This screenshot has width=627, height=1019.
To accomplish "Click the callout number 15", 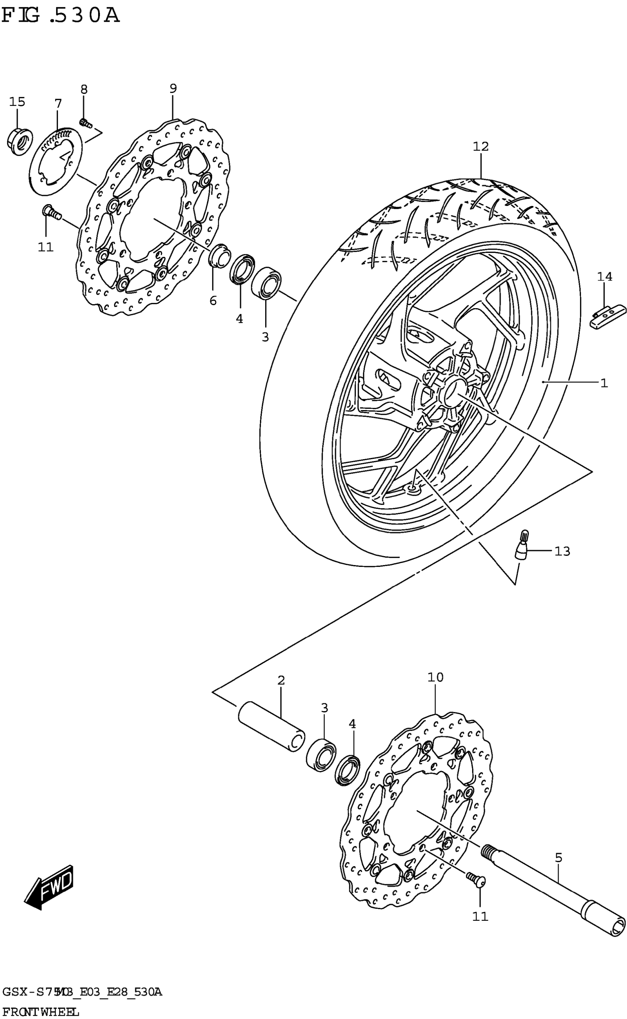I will click(17, 101).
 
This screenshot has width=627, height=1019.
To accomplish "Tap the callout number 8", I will click(84, 89).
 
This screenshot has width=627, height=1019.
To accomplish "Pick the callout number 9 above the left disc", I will click(173, 88).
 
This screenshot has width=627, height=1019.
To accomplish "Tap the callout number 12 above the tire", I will click(481, 147).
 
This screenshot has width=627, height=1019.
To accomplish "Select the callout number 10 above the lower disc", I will click(436, 678).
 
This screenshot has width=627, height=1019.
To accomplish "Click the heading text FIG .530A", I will click(60, 16).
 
